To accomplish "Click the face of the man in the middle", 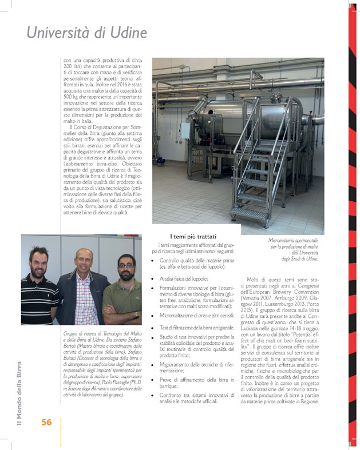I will click(x=84, y=262).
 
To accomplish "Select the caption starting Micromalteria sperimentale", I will click(x=292, y=249).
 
